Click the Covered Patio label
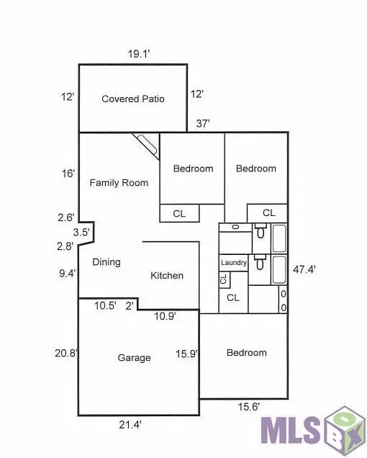pyautogui.click(x=133, y=99)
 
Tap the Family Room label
pyautogui.click(x=119, y=183)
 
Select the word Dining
pyautogui.click(x=107, y=262)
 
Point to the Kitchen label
pyautogui.click(x=167, y=275)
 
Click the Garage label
pyautogui.click(x=134, y=358)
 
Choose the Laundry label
pyautogui.click(x=234, y=263)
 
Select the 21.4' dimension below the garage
pyautogui.click(x=130, y=425)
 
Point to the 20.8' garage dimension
pyautogui.click(x=66, y=353)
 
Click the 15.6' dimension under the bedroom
pyautogui.click(x=249, y=408)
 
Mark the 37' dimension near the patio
pyautogui.click(x=203, y=124)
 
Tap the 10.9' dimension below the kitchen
pyautogui.click(x=166, y=315)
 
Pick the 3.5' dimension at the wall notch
pyautogui.click(x=81, y=232)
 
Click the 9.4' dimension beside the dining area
pyautogui.click(x=66, y=273)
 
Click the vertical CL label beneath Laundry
pyautogui.click(x=223, y=279)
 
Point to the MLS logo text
pyautogui.click(x=291, y=431)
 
